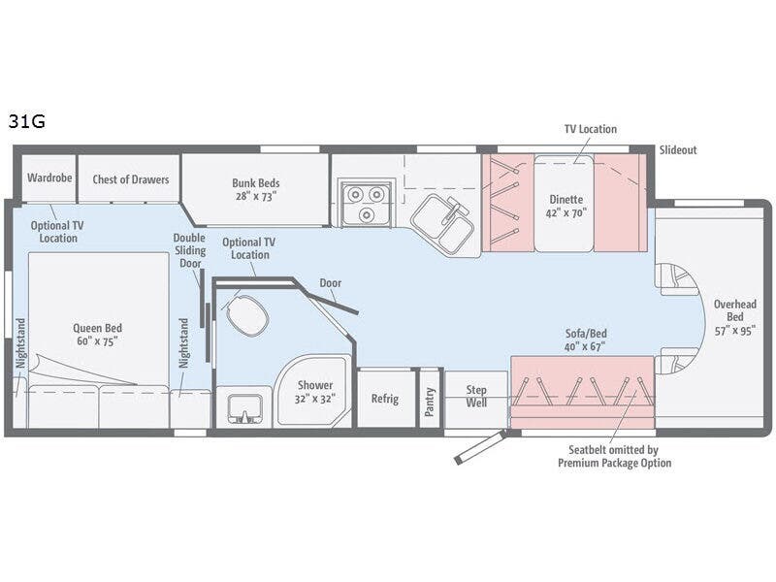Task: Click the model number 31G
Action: tap(27, 122)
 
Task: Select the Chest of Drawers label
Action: tap(130, 178)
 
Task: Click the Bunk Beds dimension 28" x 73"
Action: tap(255, 195)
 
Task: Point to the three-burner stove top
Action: tap(364, 202)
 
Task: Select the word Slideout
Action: tap(678, 150)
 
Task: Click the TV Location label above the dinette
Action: tap(590, 129)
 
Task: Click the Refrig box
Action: tap(386, 398)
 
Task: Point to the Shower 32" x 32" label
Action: tap(314, 391)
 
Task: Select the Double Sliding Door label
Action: tap(189, 250)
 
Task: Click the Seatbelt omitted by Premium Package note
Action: tap(614, 457)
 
